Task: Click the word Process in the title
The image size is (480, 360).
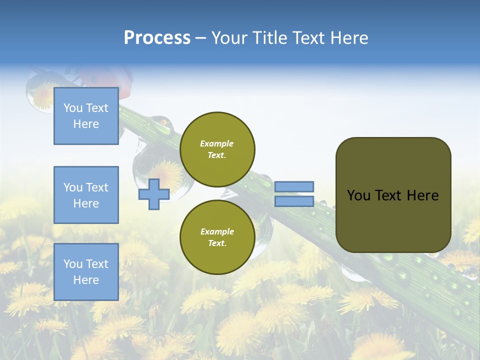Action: [157, 37]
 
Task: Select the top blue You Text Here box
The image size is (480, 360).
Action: [86, 116]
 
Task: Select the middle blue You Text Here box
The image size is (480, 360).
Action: [86, 195]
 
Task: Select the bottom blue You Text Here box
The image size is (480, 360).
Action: [86, 272]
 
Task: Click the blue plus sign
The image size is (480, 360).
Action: [153, 194]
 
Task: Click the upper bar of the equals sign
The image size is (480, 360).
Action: [294, 186]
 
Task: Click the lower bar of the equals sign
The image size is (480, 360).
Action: [294, 201]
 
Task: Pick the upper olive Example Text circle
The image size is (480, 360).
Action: [217, 149]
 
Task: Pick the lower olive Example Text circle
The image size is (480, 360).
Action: [217, 237]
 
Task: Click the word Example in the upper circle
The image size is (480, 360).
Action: [217, 143]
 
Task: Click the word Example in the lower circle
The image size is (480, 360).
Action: [217, 231]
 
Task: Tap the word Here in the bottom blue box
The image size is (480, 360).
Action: [86, 280]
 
